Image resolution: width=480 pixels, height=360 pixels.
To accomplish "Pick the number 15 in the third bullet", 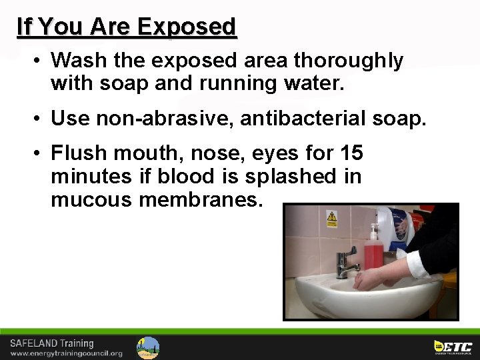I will pyautogui.click(x=351, y=153).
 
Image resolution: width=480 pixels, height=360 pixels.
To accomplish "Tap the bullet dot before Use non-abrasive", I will pyautogui.click(x=40, y=119).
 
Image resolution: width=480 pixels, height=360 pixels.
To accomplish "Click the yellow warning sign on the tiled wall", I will pyautogui.click(x=331, y=218).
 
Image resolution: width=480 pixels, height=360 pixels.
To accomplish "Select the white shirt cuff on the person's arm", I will pyautogui.click(x=419, y=264).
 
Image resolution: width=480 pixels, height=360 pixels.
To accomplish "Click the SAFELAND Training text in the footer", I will pyautogui.click(x=51, y=343).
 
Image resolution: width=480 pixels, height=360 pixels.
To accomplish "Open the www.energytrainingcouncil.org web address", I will pyautogui.click(x=66, y=353).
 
